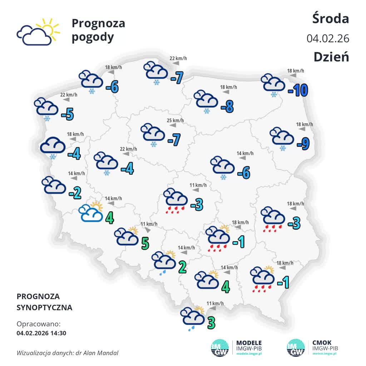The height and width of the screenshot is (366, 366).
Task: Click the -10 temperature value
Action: coord(298,91)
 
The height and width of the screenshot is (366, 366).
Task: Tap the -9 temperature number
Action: coord(303,144)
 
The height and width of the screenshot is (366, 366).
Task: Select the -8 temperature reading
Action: coord(227,106)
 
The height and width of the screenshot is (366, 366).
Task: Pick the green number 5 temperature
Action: coord(145,243)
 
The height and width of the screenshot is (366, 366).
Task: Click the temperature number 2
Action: coord(182,267)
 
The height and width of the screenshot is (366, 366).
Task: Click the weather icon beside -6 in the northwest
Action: coord(91,81)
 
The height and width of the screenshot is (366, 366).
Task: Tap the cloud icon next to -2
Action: coord(54,185)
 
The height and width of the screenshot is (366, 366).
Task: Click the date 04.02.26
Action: coord(328,38)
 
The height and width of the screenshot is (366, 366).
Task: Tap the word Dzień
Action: coord(331,57)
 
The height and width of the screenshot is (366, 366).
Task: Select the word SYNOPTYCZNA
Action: coord(44,307)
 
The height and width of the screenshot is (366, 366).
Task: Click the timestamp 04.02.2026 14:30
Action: coord(41,333)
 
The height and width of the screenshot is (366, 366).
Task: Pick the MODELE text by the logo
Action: coord(249,343)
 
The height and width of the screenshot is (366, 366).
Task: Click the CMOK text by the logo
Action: coord(322,343)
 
